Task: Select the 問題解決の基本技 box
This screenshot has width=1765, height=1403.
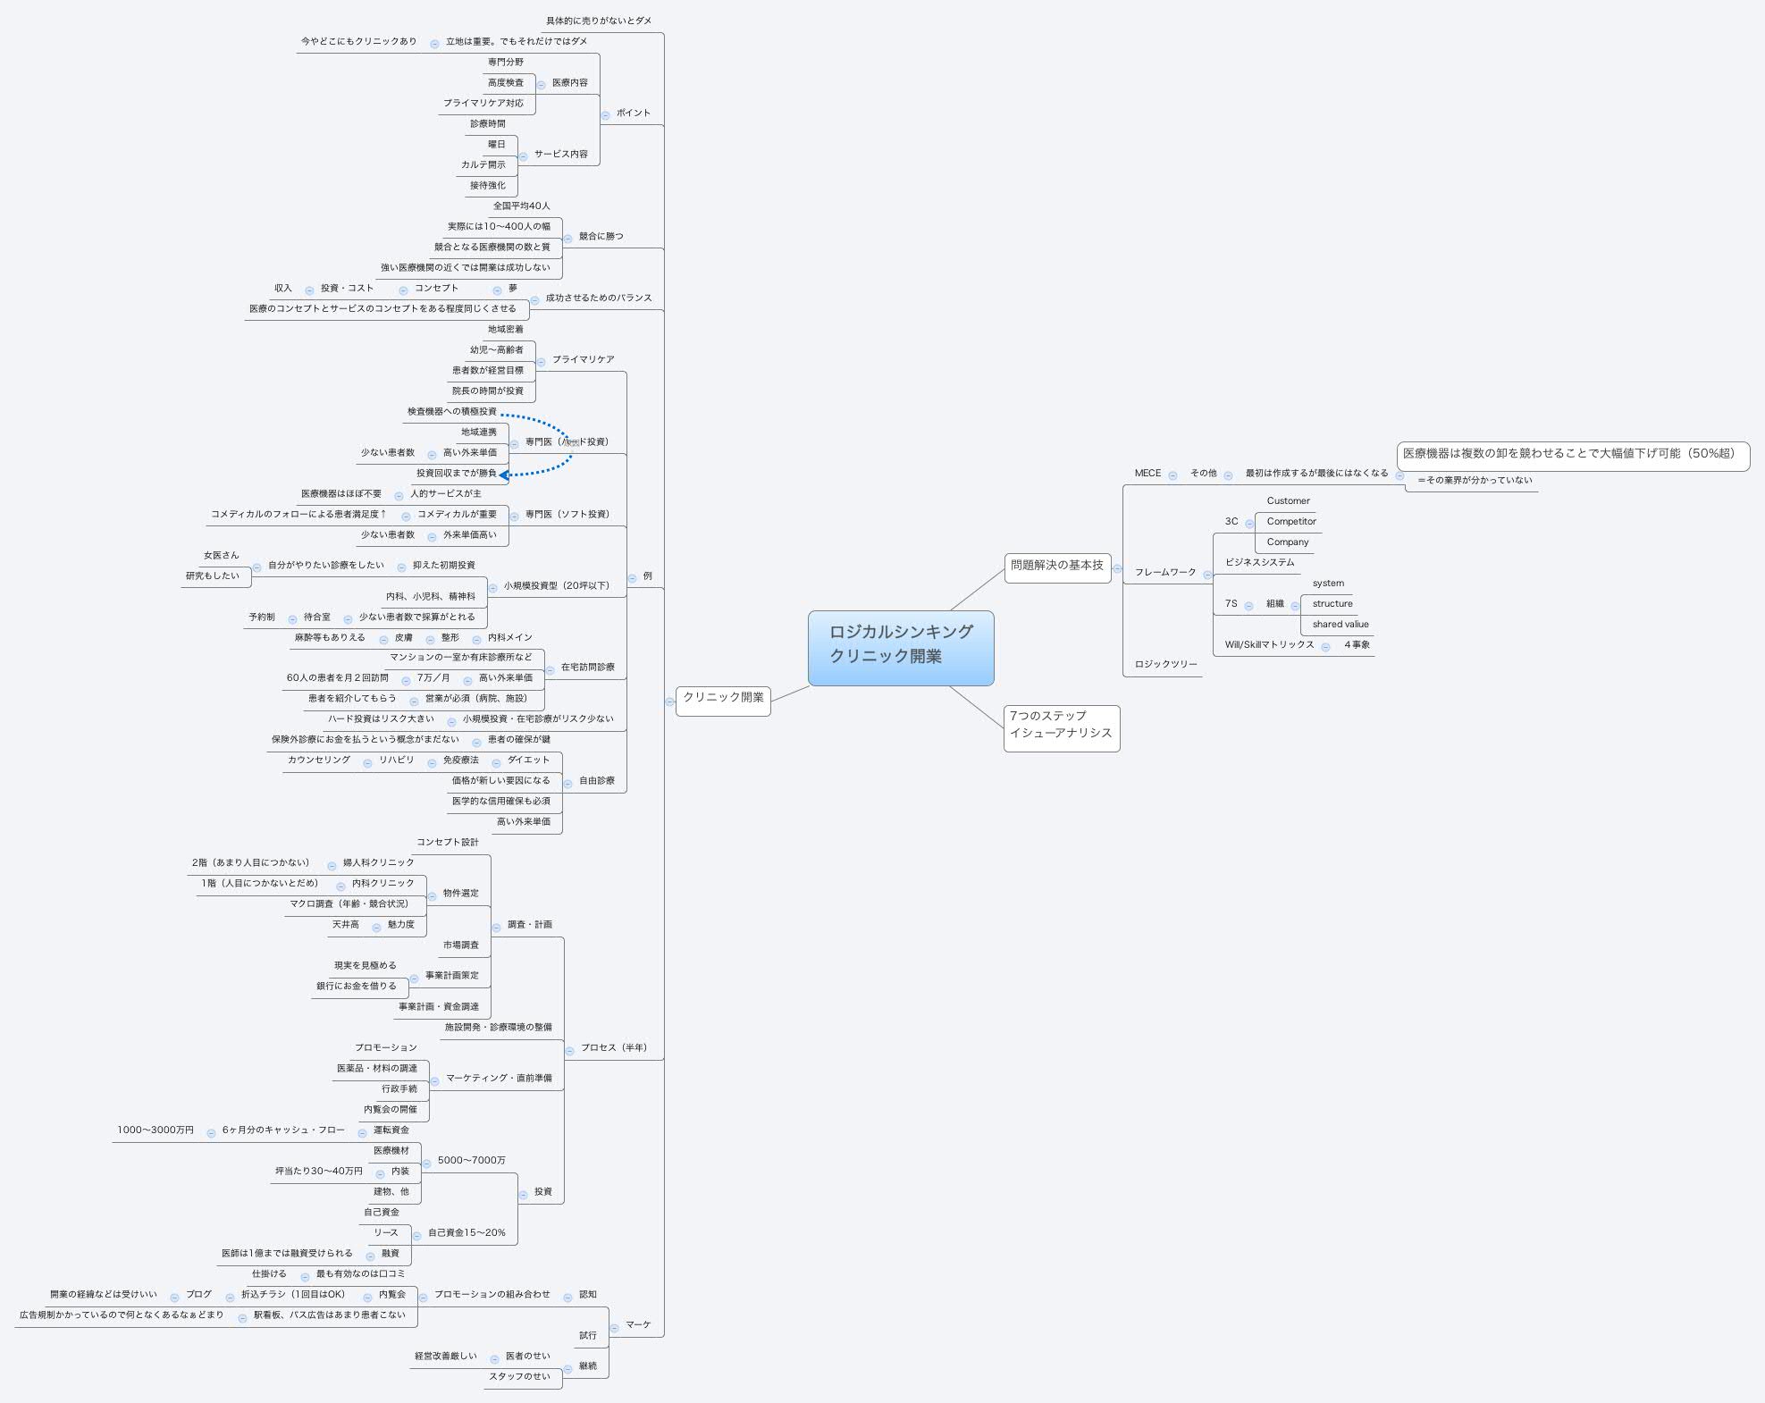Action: (1057, 566)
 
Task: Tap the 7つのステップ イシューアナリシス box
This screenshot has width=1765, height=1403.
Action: (1061, 725)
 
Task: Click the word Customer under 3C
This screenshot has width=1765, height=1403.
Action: (1288, 501)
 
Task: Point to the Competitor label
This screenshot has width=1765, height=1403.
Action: (1290, 522)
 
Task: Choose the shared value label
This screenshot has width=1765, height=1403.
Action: (1340, 625)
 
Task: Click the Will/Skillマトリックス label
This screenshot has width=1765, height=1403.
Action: (1269, 645)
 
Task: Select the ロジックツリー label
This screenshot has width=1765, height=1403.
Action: (1165, 665)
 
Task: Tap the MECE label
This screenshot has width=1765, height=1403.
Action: (1147, 474)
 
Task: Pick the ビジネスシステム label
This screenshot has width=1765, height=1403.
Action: (1259, 563)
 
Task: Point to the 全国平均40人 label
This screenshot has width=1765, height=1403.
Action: (521, 206)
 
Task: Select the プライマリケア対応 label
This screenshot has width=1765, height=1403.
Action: (483, 104)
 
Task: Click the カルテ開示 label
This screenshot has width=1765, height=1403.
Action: (483, 165)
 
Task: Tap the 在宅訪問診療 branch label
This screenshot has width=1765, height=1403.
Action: (587, 668)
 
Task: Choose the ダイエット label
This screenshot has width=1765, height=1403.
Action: (528, 760)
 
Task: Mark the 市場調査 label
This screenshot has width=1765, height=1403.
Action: (460, 945)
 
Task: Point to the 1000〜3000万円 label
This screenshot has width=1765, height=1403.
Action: (155, 1130)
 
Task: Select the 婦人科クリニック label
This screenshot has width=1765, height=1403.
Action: (378, 863)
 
